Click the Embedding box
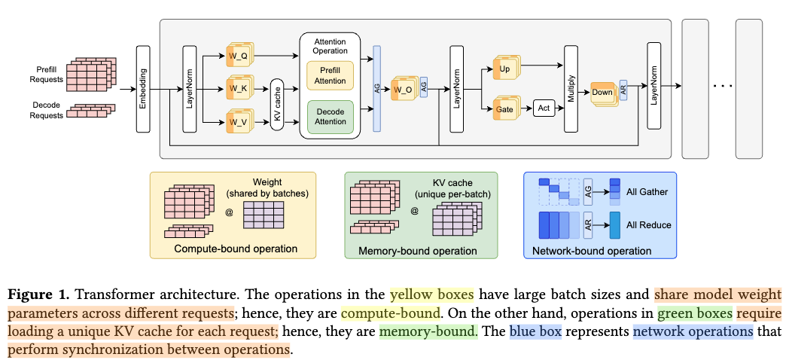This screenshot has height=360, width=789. point(143,89)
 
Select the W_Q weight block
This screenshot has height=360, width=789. point(237,56)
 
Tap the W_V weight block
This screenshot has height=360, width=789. point(237,121)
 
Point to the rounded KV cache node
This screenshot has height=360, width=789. point(276,105)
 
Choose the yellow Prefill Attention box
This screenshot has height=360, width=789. point(331,75)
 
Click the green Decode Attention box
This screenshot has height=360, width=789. point(331,117)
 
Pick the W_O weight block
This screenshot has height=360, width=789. point(402,89)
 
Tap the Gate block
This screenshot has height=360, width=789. point(504,109)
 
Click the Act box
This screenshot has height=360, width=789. point(544,109)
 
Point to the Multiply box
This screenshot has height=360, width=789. point(570,88)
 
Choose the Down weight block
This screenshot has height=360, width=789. point(602,93)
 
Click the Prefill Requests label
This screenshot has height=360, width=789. point(47,74)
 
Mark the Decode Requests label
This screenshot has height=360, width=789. point(47,110)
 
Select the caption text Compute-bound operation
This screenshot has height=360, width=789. point(236,249)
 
